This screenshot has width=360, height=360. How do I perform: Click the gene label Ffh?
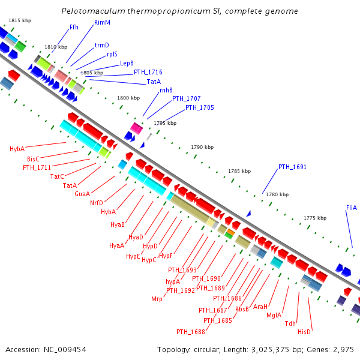click(x=74, y=27)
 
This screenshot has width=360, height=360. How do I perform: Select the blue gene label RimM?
click(x=102, y=22)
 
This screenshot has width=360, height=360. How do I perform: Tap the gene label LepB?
click(x=127, y=63)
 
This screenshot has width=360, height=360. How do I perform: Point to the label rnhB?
click(x=166, y=90)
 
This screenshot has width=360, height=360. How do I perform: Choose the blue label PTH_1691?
click(x=292, y=167)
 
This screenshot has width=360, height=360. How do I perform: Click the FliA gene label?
click(x=351, y=208)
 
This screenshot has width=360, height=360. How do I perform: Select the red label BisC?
click(x=34, y=159)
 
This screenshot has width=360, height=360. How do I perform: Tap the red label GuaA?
click(x=82, y=194)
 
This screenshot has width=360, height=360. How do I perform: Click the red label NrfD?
click(x=97, y=203)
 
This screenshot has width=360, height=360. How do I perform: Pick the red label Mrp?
click(x=157, y=298)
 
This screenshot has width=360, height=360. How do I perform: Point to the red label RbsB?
click(x=242, y=309)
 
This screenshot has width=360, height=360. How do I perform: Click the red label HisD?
click(x=304, y=332)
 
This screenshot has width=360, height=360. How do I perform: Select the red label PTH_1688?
click(x=191, y=332)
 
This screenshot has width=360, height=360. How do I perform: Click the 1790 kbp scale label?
click(x=202, y=147)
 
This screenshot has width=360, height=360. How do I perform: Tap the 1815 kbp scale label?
click(x=20, y=20)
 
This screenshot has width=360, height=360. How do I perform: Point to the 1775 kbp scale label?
click(x=315, y=218)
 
